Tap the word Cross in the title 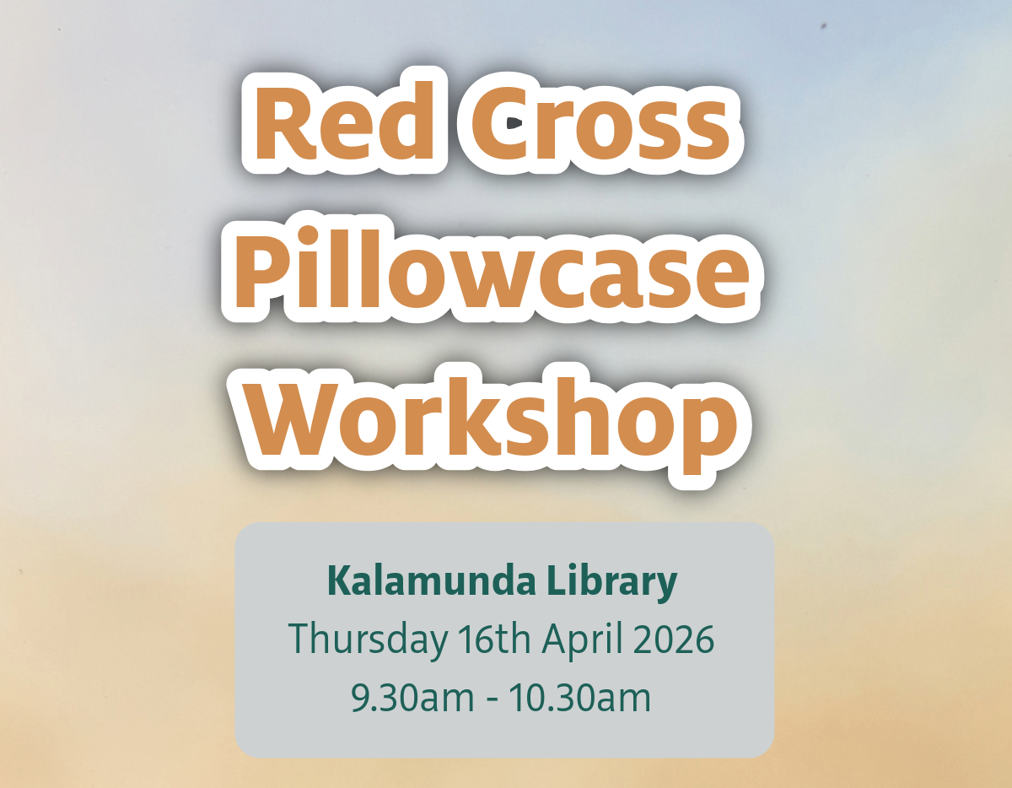coord(600,123)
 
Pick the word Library coord(612,583)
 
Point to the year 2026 coord(674,640)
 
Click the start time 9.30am coord(412,698)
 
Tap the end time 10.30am coord(579,698)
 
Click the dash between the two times coord(492,700)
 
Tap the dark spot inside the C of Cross coord(514,123)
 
